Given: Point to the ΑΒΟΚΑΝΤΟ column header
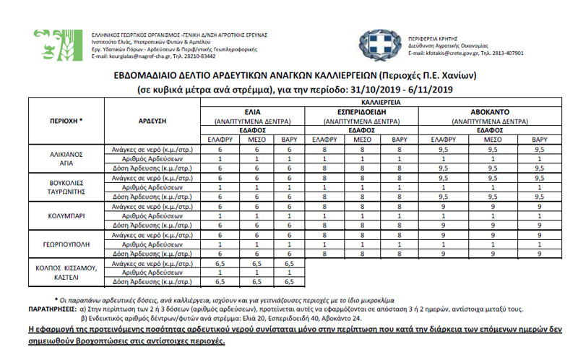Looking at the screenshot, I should [489, 113].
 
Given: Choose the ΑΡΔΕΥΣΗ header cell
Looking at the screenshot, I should [151, 121].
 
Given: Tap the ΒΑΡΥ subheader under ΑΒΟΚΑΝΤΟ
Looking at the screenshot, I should [538, 139].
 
